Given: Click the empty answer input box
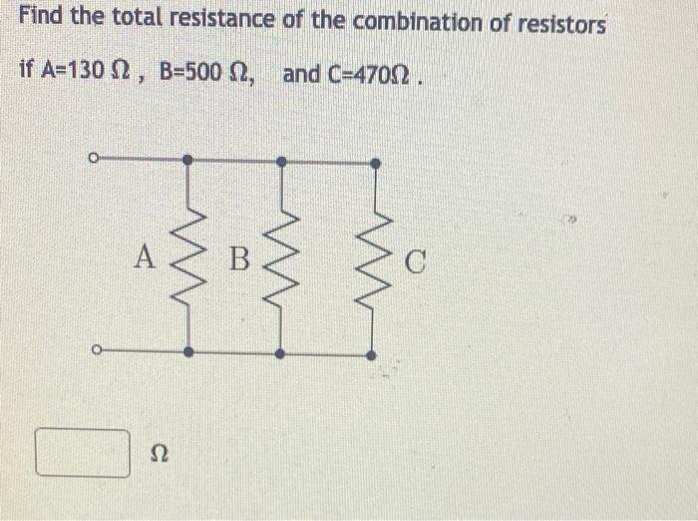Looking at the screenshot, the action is [84, 452].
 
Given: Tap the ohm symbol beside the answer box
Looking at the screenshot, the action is [159, 454].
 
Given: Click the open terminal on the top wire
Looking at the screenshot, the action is [92, 158].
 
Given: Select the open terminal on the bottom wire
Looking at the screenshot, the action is [92, 350].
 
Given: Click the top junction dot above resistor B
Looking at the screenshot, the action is [281, 160].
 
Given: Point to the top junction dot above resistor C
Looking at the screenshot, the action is [375, 163].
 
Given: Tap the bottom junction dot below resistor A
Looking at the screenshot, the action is [187, 351].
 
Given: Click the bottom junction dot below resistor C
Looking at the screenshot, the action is [371, 354].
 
